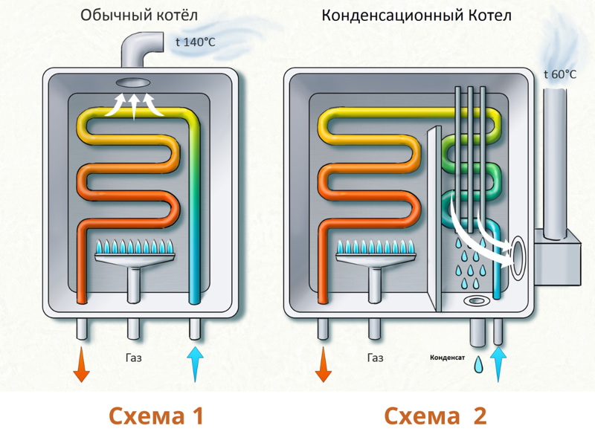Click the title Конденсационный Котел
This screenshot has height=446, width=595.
point(416,16)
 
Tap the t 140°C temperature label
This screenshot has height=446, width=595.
point(195,42)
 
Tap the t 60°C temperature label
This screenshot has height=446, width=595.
point(560,74)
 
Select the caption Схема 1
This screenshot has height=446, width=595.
point(155,416)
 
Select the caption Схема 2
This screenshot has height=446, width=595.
point(435,416)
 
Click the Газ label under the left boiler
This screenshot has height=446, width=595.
point(134,358)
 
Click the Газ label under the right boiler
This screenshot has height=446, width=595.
point(376,358)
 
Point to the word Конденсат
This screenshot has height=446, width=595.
point(448,358)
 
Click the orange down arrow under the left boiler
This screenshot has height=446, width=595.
point(81,364)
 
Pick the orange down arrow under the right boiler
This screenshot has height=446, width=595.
point(324,364)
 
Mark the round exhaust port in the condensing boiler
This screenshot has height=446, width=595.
point(518,253)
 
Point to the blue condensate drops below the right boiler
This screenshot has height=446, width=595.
point(480,363)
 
